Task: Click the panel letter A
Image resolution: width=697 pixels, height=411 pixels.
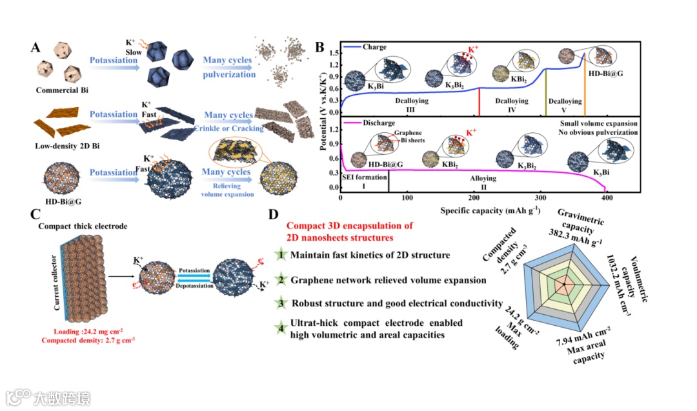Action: [x=36, y=48]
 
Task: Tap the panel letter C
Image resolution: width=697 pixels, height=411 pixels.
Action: [x=37, y=215]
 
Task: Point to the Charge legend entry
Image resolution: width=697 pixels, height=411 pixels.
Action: [x=374, y=46]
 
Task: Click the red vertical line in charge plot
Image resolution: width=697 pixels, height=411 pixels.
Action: [x=479, y=101]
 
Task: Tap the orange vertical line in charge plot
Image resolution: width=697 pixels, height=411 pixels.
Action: [x=584, y=95]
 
